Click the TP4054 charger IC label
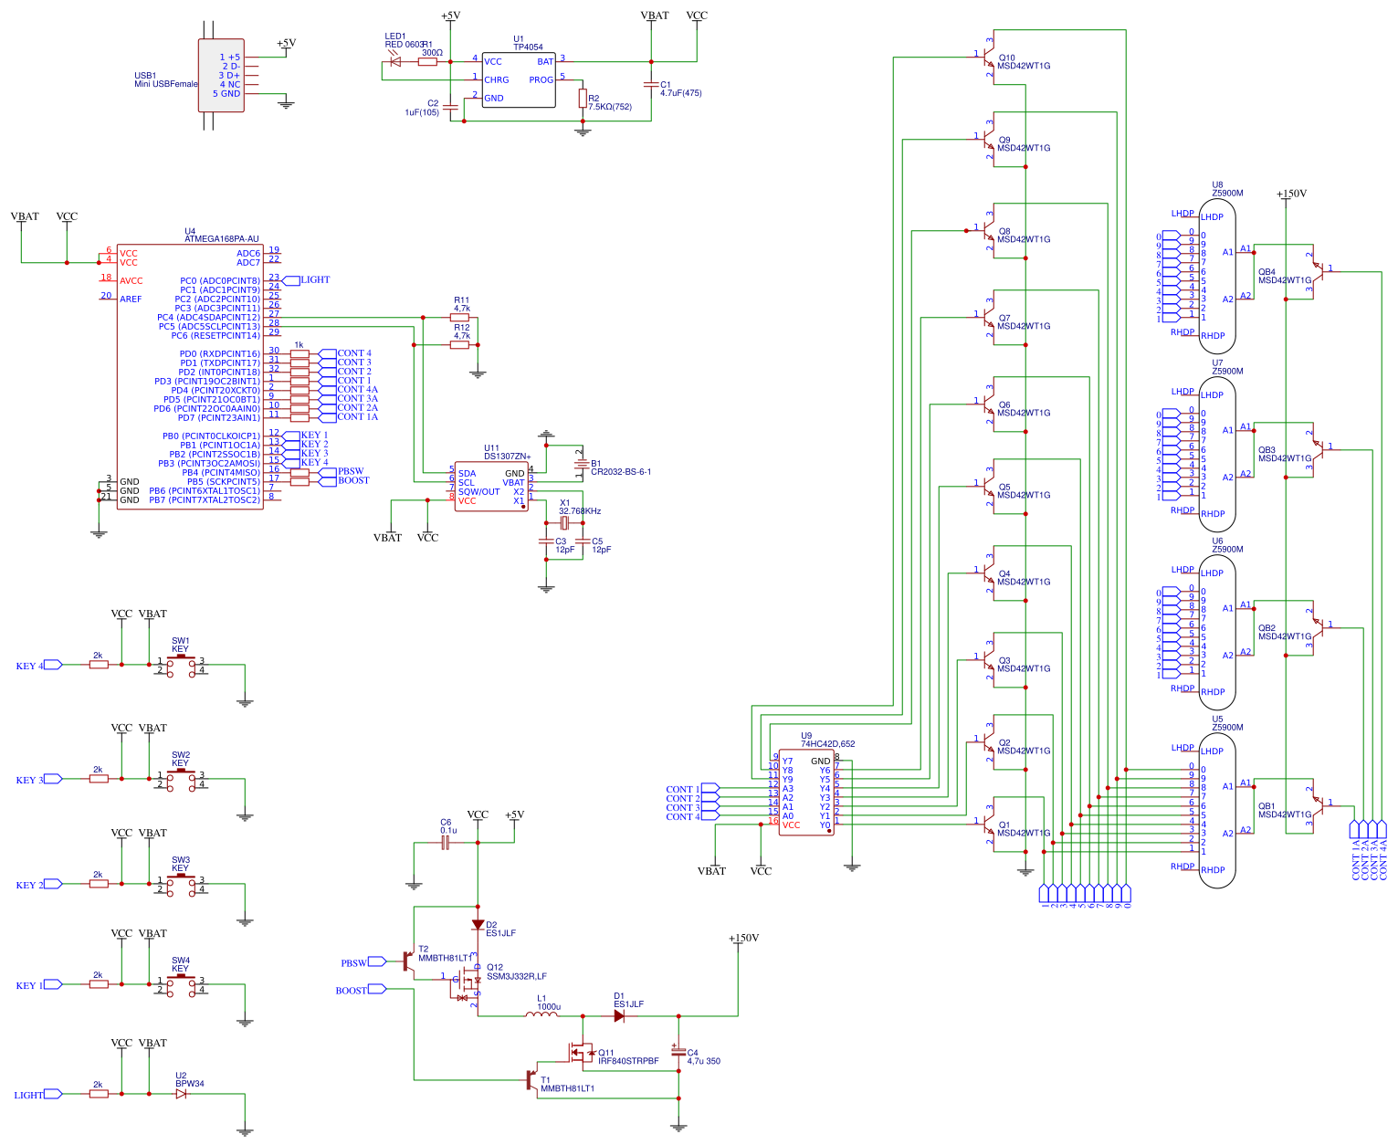click(x=528, y=47)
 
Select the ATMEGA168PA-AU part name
click(x=221, y=239)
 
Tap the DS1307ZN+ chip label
click(x=507, y=457)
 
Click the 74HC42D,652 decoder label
click(x=827, y=744)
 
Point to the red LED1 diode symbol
click(x=395, y=62)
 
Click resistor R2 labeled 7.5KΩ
click(x=583, y=99)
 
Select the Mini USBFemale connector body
click(x=221, y=76)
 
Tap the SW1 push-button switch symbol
click(x=181, y=664)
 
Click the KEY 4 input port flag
click(x=53, y=665)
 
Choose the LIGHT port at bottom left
click(x=53, y=1094)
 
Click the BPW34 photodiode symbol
click(x=181, y=1094)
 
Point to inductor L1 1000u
click(x=541, y=1014)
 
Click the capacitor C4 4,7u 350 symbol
click(x=678, y=1051)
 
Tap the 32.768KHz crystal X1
click(x=564, y=523)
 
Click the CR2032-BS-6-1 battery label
click(x=621, y=472)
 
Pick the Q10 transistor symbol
click(x=988, y=59)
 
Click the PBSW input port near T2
click(x=376, y=962)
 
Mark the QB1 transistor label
click(x=1267, y=806)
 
